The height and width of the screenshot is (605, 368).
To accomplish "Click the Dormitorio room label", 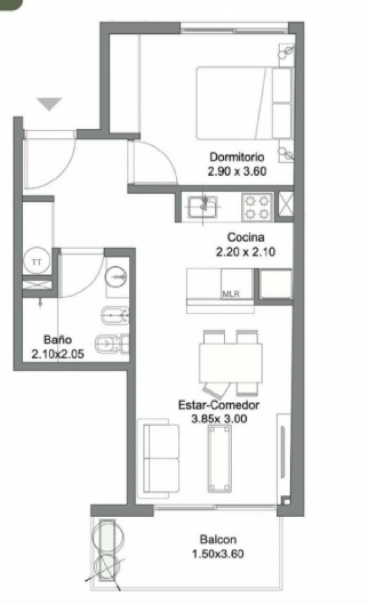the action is point(237,157).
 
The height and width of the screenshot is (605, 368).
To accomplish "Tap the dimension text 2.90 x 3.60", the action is point(237,171).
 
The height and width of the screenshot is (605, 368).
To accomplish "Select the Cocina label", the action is point(246,238).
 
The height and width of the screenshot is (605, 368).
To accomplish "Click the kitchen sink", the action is point(203,206).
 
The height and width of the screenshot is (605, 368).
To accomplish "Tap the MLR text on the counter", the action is point(231,294).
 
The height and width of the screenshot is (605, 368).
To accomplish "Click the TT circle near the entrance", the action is point(36,261).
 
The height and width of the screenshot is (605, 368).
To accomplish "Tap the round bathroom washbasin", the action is point(117,276).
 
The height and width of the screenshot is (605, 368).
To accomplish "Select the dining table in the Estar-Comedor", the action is point(231,363).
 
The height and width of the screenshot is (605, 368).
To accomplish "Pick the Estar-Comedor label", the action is point(218,405).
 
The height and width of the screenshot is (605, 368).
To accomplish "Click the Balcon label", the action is point(218,539).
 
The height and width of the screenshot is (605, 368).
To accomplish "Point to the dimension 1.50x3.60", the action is point(218,554).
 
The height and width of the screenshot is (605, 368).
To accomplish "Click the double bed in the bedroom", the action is point(244,103).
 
